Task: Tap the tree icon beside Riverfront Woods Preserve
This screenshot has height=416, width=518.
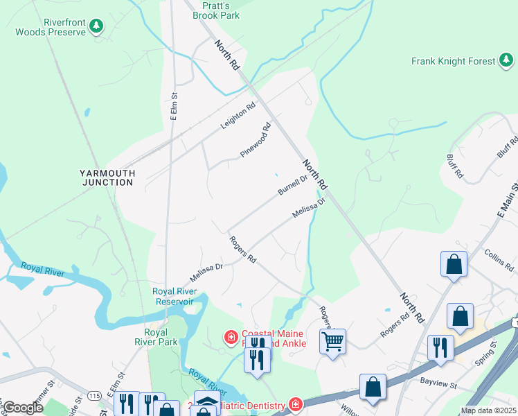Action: pos(97,27)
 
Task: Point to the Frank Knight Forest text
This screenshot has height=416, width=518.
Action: pos(453,61)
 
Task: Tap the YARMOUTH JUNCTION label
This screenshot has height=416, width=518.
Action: pos(106,177)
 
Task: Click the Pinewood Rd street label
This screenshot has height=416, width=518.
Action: pos(257,139)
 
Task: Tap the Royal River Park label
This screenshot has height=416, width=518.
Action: pos(156,336)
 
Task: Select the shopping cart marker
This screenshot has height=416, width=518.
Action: pos(332,341)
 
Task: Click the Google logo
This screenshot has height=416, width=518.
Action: pos(23,408)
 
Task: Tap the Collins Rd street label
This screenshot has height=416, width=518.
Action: pos(499,260)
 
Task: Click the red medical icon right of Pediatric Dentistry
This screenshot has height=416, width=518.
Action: pos(296,405)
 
